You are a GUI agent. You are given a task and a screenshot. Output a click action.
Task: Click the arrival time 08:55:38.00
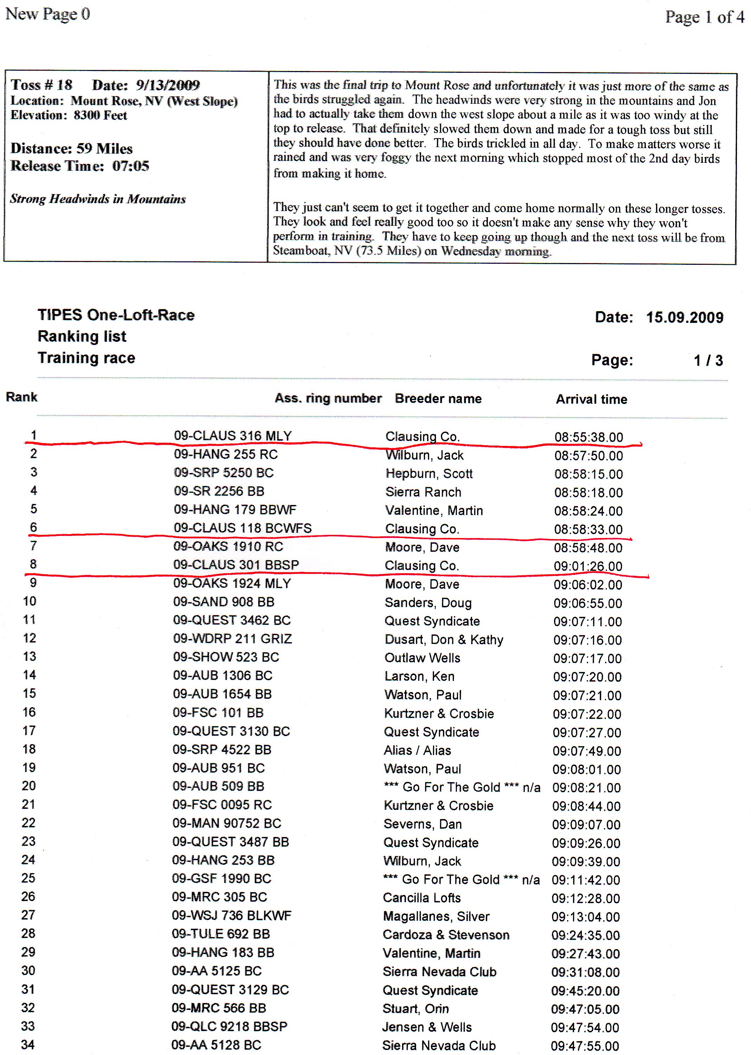[588, 437]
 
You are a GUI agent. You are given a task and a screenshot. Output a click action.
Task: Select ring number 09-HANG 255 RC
[226, 454]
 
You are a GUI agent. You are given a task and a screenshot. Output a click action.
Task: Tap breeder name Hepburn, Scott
[429, 473]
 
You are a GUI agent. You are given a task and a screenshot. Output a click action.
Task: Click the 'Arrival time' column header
[591, 399]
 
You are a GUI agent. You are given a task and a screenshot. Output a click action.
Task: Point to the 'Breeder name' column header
[438, 398]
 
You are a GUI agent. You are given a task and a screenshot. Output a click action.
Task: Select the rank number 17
[29, 730]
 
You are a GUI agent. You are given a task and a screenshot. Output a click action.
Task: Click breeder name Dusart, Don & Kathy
[444, 639]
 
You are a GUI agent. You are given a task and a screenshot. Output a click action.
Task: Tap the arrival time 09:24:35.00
[585, 935]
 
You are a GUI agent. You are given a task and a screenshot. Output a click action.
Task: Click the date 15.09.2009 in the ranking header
[685, 317]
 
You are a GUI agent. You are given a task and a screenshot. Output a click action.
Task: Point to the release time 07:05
[131, 166]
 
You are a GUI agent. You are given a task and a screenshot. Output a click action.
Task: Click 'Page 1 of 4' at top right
[704, 17]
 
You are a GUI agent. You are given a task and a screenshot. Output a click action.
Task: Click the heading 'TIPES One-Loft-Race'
[116, 315]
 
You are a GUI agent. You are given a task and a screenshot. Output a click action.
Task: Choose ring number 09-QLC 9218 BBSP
[229, 1026]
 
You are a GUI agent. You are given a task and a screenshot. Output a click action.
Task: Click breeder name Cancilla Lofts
[421, 898]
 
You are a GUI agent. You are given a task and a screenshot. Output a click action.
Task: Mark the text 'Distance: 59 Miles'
[72, 148]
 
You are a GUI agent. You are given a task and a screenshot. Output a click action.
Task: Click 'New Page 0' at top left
[47, 14]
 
